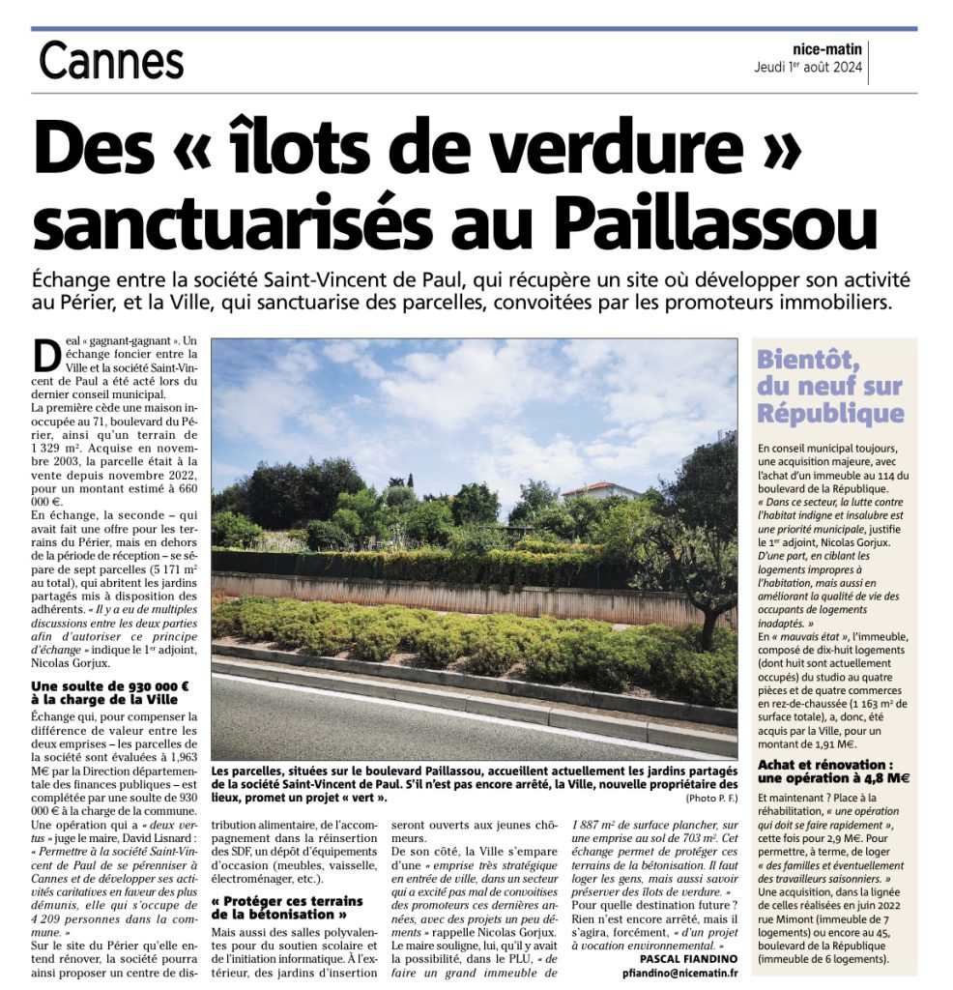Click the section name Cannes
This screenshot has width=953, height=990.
[x=111, y=63]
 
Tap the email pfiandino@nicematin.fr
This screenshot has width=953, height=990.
[x=675, y=974]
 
